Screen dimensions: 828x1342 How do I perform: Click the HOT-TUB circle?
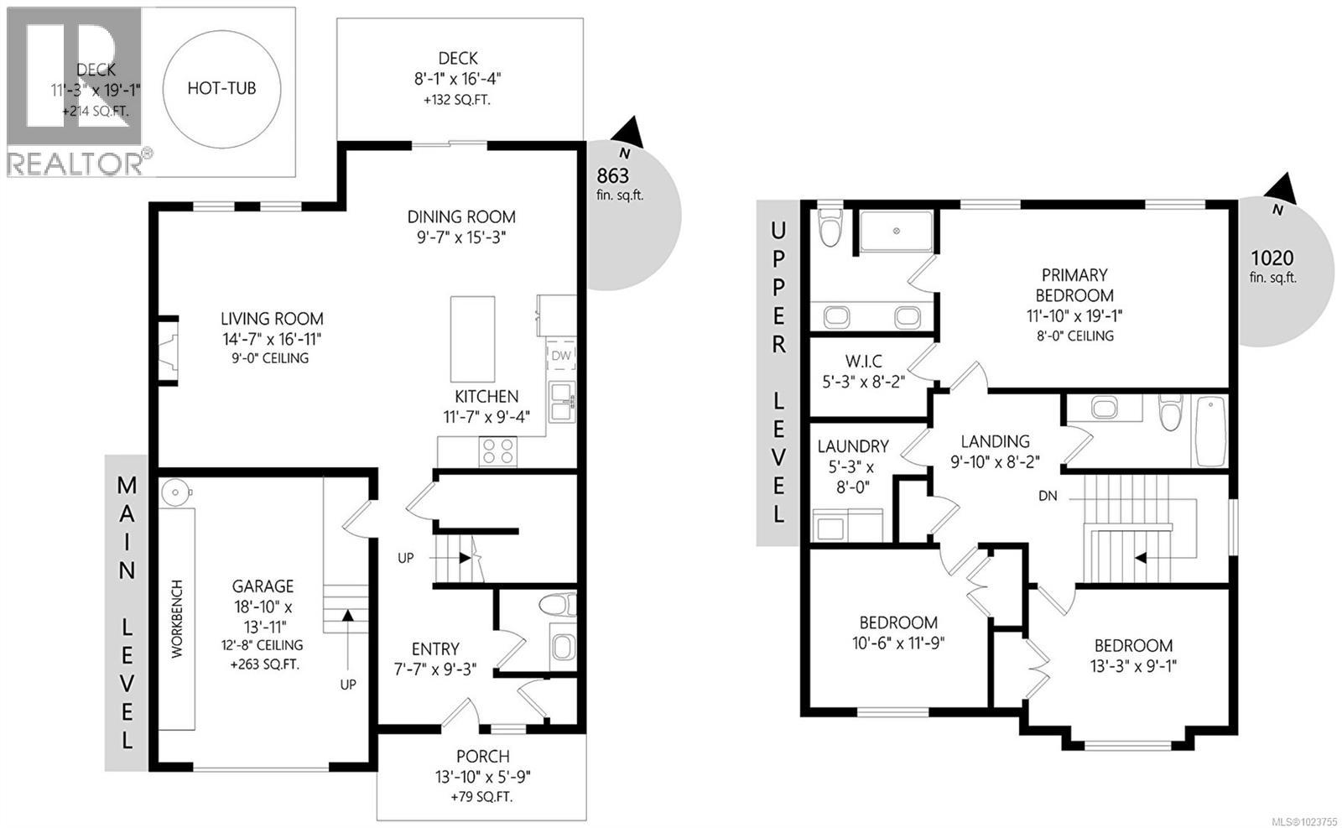221,88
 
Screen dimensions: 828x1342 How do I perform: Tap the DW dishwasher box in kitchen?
561,356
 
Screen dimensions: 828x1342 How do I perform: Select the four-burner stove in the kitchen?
497,451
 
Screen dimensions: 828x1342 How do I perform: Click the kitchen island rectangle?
472,338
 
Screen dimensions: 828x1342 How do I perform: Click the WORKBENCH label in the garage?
177,618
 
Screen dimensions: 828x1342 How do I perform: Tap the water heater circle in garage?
174,492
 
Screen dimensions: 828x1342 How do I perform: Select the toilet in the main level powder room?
558,605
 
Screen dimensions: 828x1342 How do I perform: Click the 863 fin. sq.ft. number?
612,175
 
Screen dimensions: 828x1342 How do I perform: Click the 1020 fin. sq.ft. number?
1272,258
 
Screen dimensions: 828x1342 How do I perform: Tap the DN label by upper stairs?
1048,496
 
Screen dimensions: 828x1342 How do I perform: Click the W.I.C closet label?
864,362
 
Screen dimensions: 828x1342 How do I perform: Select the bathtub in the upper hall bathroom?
1209,431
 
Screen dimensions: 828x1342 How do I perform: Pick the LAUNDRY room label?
852,446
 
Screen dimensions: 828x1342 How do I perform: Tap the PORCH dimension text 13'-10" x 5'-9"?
481,777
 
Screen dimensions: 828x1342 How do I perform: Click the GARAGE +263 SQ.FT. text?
263,664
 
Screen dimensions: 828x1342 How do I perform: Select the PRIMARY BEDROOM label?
1074,285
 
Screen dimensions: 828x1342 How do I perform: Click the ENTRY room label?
435,648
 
